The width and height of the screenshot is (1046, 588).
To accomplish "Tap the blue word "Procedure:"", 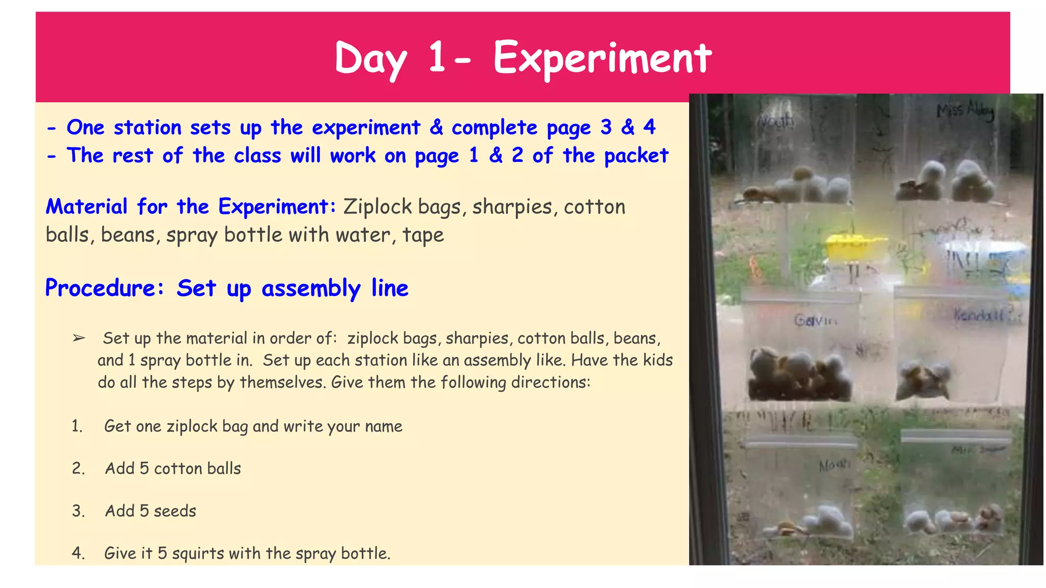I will click(x=104, y=288).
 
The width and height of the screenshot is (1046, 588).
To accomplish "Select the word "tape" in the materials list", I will click(x=423, y=235).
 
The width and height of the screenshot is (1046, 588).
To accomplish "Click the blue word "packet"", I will click(x=636, y=156).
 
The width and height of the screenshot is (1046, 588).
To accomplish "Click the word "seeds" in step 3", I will click(x=175, y=511).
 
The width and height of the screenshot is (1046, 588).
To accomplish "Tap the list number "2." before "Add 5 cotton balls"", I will click(x=78, y=469).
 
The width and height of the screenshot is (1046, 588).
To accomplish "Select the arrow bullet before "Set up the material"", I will click(x=79, y=338).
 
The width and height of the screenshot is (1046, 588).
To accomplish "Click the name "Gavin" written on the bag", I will click(x=815, y=321).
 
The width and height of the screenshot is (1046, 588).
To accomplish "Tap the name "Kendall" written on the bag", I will click(x=979, y=315).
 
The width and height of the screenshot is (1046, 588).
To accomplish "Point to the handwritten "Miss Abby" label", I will click(x=965, y=111).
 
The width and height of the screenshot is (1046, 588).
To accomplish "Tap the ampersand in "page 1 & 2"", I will click(x=495, y=156).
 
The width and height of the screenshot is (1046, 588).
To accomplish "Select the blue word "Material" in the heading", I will click(x=86, y=207).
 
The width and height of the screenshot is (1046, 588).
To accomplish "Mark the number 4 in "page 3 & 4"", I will click(x=649, y=127).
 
